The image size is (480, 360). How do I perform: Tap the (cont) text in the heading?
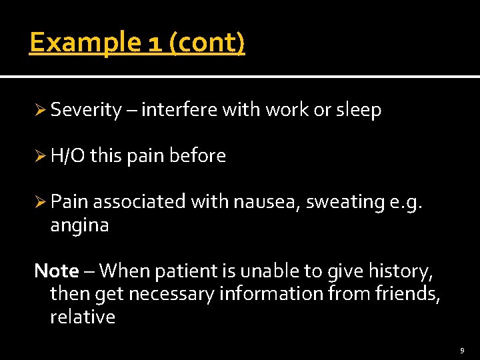tap(207, 43)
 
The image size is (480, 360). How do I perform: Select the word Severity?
tap(86, 111)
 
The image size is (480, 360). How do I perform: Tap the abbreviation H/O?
tap(67, 156)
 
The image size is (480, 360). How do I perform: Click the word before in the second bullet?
tap(197, 156)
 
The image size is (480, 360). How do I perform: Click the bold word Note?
tap(57, 271)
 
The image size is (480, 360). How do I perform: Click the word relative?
tap(83, 316)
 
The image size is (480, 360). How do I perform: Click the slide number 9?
tap(462, 349)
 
